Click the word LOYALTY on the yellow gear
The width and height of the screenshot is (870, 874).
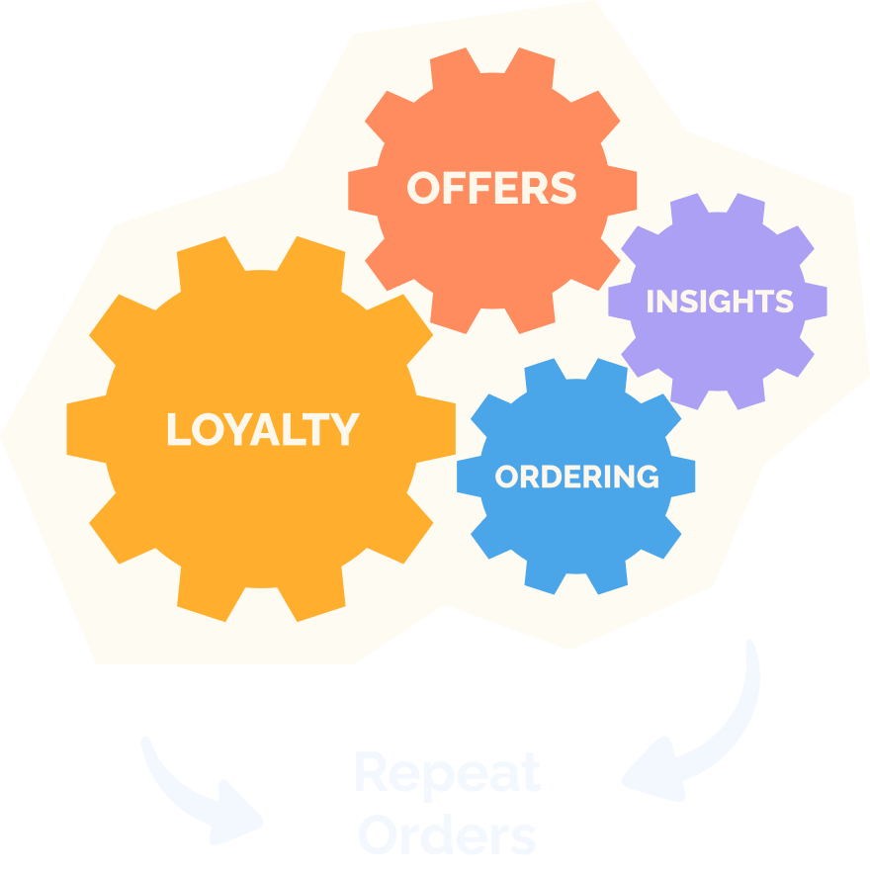coord(262,429)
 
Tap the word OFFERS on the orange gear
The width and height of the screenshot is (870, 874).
coord(491,188)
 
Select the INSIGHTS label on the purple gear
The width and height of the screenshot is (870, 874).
coord(719,302)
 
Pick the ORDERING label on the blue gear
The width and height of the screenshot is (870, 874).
coord(576,477)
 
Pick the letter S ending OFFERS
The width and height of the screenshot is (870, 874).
coord(565,188)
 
